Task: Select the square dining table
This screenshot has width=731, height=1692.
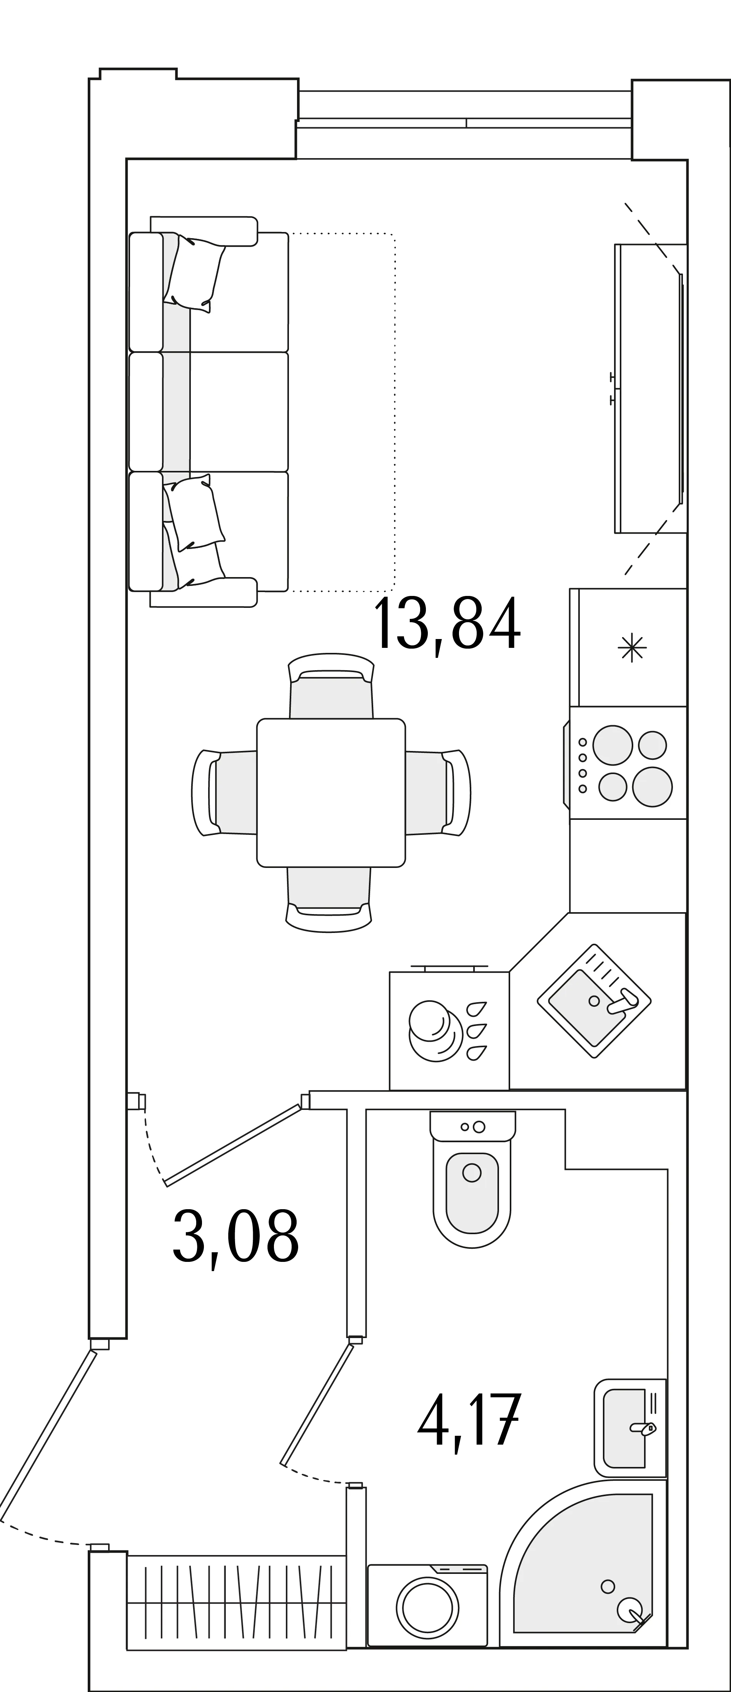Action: click(x=331, y=793)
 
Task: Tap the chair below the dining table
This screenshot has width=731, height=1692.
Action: click(x=329, y=899)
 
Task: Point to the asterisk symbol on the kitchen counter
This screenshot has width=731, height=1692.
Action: click(x=632, y=647)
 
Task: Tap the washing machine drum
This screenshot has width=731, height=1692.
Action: click(x=427, y=1609)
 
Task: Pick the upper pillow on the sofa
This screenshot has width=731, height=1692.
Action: click(x=194, y=273)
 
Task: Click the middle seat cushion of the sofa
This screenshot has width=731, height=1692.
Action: click(x=209, y=412)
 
